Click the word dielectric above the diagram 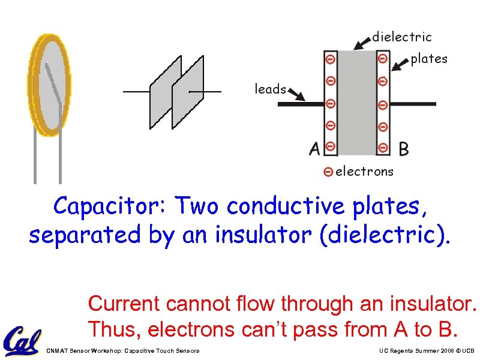pos(401,37)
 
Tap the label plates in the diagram pos(428,59)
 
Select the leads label pos(270,89)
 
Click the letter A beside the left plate pos(314,149)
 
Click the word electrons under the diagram pos(364,172)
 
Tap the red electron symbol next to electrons pos(328,172)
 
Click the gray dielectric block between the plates pos(356,102)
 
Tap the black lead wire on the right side pos(414,104)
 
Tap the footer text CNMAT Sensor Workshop pos(122,350)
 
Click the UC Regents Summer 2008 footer pos(427,350)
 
